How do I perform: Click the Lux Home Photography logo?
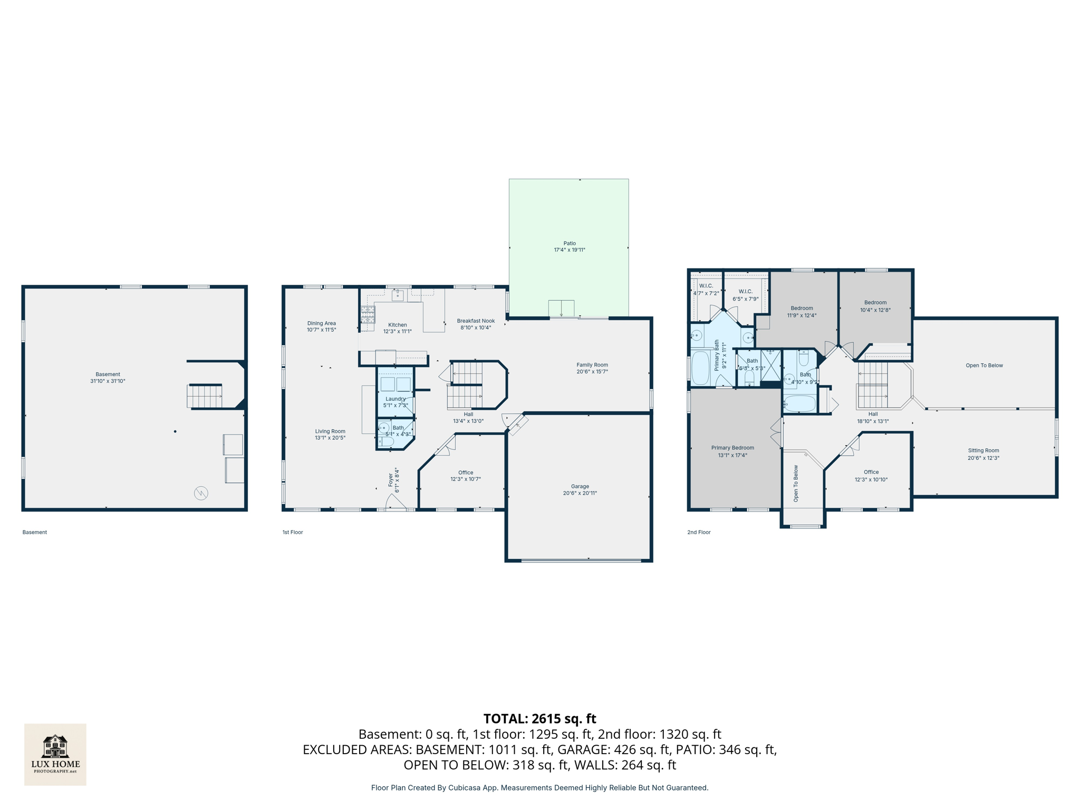click(55, 754)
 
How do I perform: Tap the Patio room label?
click(569, 244)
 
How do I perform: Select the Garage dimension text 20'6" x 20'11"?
click(580, 493)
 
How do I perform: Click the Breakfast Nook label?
click(476, 321)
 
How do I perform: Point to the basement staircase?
click(205, 396)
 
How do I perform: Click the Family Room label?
click(592, 365)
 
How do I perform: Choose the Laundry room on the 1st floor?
click(396, 393)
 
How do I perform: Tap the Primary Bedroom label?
click(732, 448)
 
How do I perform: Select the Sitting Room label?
click(983, 450)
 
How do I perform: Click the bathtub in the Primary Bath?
click(700, 368)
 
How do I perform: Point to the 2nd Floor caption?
click(698, 532)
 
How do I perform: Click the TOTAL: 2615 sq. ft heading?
click(539, 719)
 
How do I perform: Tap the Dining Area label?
click(321, 323)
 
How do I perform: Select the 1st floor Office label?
click(465, 472)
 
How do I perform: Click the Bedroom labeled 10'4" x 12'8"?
click(875, 306)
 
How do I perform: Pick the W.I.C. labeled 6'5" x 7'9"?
click(745, 295)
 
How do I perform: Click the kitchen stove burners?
click(368, 314)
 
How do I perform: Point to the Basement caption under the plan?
click(35, 532)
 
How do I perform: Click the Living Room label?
click(330, 431)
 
